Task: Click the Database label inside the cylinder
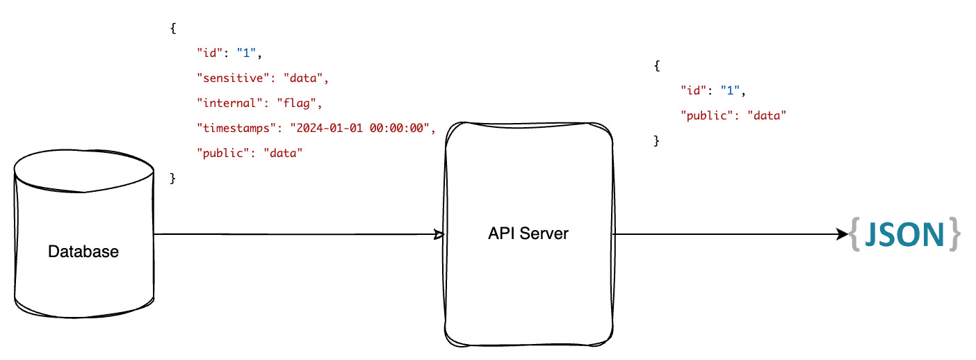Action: tap(83, 252)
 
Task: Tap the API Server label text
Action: tap(528, 234)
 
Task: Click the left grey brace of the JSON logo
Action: tap(854, 235)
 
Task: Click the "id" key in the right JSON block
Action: tap(695, 91)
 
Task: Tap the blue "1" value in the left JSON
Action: tap(249, 54)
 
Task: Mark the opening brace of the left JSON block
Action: tap(173, 28)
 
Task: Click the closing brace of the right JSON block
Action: tap(656, 141)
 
